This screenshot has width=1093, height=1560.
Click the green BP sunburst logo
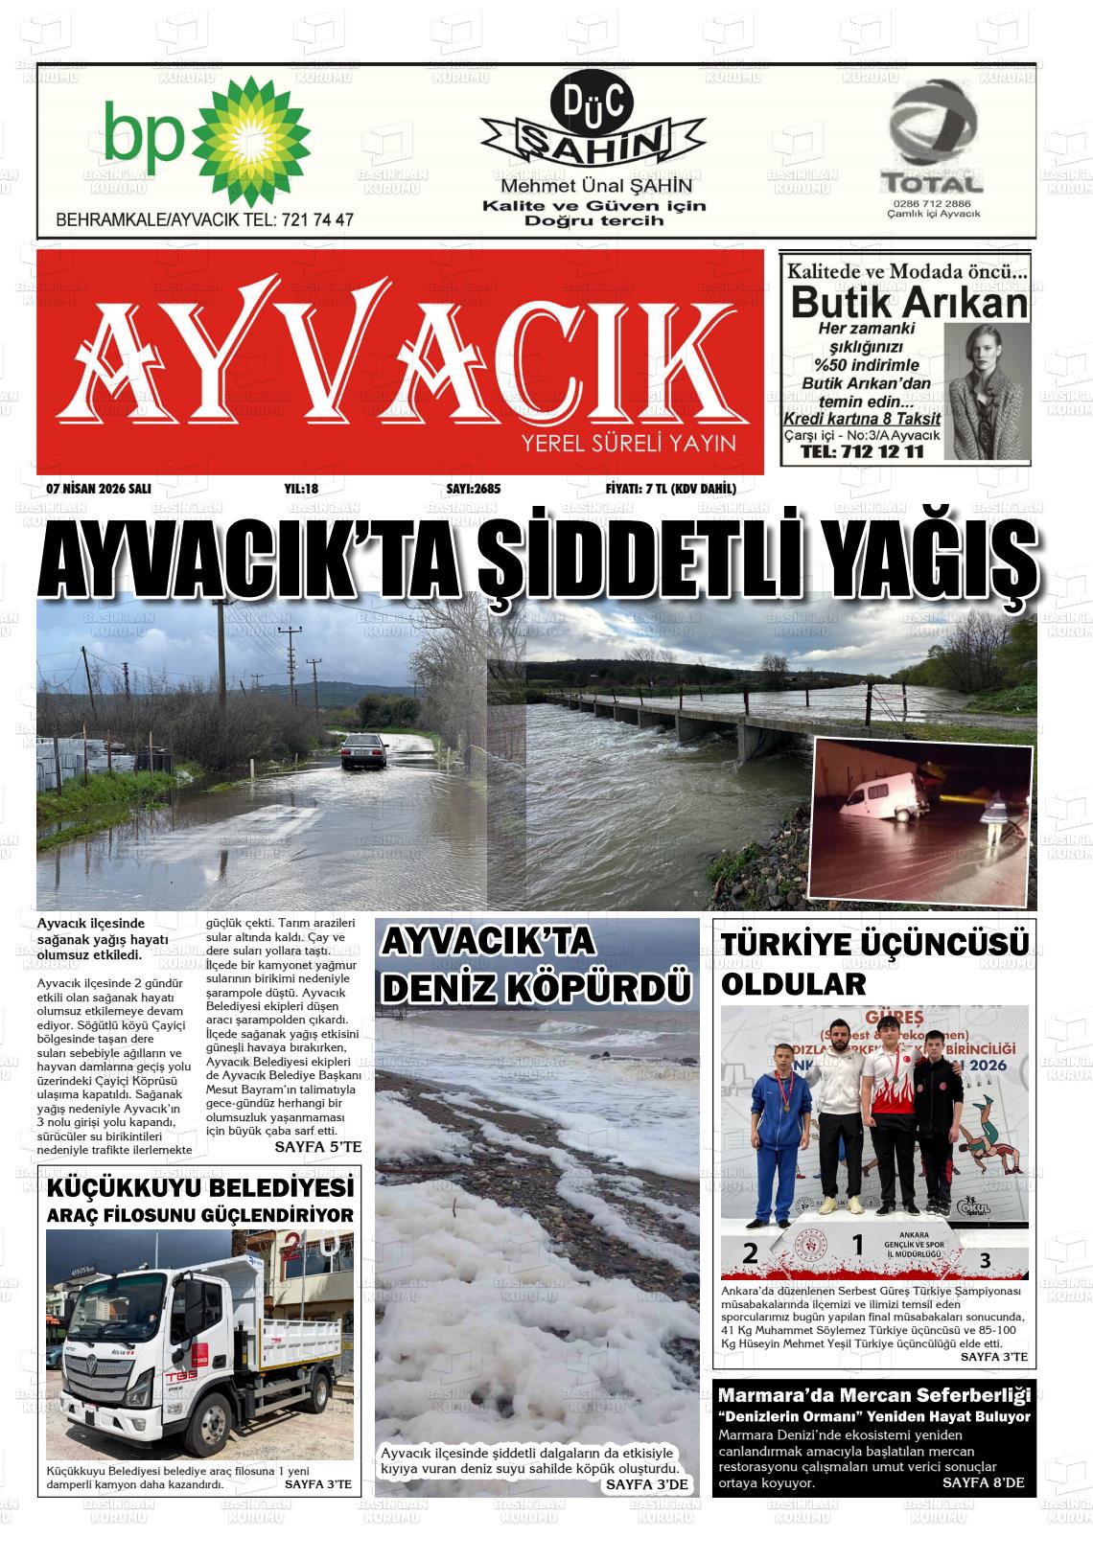[x=253, y=136]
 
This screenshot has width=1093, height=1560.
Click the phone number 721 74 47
[x=317, y=219]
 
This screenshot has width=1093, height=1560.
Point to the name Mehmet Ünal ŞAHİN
[x=593, y=187]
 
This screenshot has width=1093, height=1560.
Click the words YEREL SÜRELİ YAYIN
[x=628, y=444]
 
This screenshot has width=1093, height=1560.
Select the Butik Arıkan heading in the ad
[x=909, y=304]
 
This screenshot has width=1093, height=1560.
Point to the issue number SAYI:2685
[x=473, y=490]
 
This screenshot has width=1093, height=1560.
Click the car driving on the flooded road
[x=361, y=750]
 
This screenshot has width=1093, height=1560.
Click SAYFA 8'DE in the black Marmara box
[x=983, y=1482]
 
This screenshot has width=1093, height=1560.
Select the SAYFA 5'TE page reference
[x=317, y=1146]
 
